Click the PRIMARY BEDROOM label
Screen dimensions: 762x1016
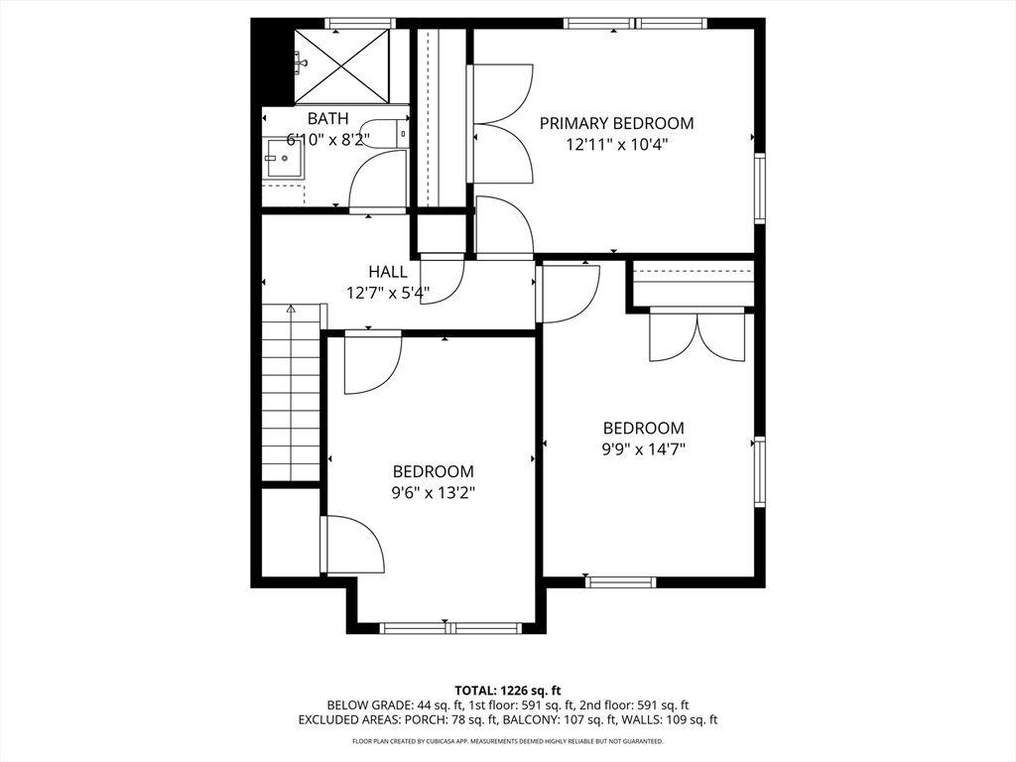pos(616,123)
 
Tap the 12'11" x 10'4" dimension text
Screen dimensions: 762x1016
pos(616,144)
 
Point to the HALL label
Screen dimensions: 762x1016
pos(387,272)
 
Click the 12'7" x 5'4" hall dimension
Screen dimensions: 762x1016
pos(387,293)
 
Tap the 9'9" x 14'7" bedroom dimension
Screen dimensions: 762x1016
pos(644,448)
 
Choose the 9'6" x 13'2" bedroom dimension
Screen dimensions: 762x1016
pos(433,492)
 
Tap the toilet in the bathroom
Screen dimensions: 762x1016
pos(403,133)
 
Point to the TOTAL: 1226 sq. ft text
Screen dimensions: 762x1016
pos(508,690)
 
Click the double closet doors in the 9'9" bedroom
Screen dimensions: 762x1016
pos(698,337)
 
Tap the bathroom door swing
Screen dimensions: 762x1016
pos(377,181)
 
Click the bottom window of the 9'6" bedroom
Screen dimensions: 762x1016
pos(451,628)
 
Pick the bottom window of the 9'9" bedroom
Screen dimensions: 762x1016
pos(621,581)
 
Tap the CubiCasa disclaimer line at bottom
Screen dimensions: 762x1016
pos(508,741)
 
